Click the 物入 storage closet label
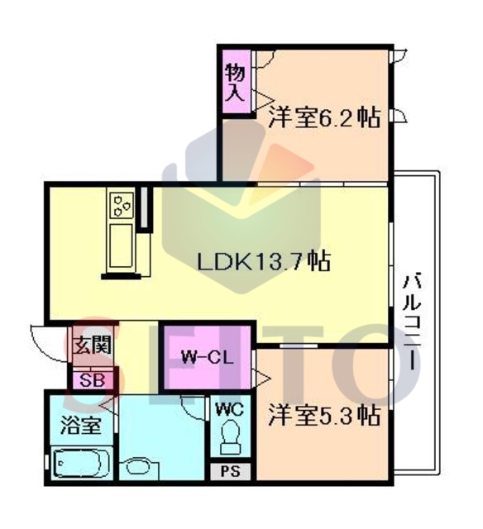click(235, 82)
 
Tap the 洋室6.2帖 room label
click(324, 117)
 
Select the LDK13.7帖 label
click(263, 261)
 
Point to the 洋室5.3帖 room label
click(324, 415)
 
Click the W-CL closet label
click(208, 358)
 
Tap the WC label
click(230, 410)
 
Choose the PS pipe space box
click(230, 471)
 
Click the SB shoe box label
click(92, 381)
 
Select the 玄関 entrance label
click(93, 346)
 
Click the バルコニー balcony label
click(412, 322)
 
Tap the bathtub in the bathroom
click(81, 464)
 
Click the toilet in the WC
click(231, 437)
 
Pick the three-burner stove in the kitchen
click(121, 205)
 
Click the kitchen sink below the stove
click(121, 246)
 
